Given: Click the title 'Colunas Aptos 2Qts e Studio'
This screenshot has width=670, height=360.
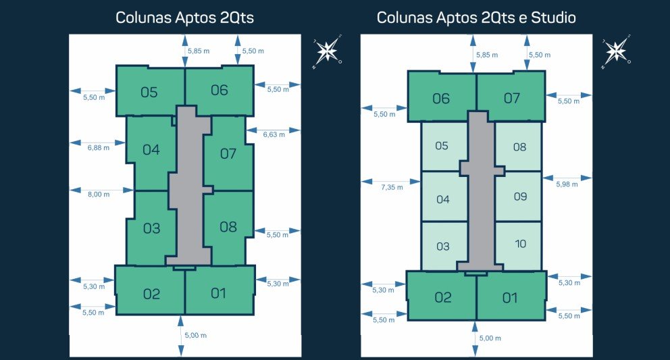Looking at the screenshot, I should pyautogui.click(x=476, y=18).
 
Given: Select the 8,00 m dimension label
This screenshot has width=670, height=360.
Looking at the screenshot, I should pyautogui.click(x=99, y=195).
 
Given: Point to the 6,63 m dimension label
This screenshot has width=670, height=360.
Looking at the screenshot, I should pyautogui.click(x=274, y=134).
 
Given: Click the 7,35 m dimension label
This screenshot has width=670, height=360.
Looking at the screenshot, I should pyautogui.click(x=392, y=187).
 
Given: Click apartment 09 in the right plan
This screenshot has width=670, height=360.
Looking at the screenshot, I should pyautogui.click(x=519, y=197).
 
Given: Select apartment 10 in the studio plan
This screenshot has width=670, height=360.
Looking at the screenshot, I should pyautogui.click(x=519, y=243).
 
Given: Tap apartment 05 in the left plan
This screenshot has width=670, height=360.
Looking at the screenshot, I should pyautogui.click(x=150, y=91).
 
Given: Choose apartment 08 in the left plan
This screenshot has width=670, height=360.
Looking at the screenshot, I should pyautogui.click(x=228, y=226).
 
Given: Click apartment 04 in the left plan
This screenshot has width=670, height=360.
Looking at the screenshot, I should pyautogui.click(x=151, y=149).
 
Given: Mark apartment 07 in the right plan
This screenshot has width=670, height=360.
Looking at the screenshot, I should pyautogui.click(x=511, y=98).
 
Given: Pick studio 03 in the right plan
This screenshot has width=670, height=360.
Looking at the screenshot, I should pyautogui.click(x=442, y=246).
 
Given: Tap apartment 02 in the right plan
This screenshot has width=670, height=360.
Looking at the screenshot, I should pyautogui.click(x=442, y=297).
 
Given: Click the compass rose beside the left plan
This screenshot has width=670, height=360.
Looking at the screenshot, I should pyautogui.click(x=328, y=51).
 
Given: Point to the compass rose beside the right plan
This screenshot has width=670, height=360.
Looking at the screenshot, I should pyautogui.click(x=616, y=51).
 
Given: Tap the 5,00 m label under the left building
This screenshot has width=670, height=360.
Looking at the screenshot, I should pyautogui.click(x=196, y=336).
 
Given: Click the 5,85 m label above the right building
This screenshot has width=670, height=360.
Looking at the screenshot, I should pyautogui.click(x=486, y=55).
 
